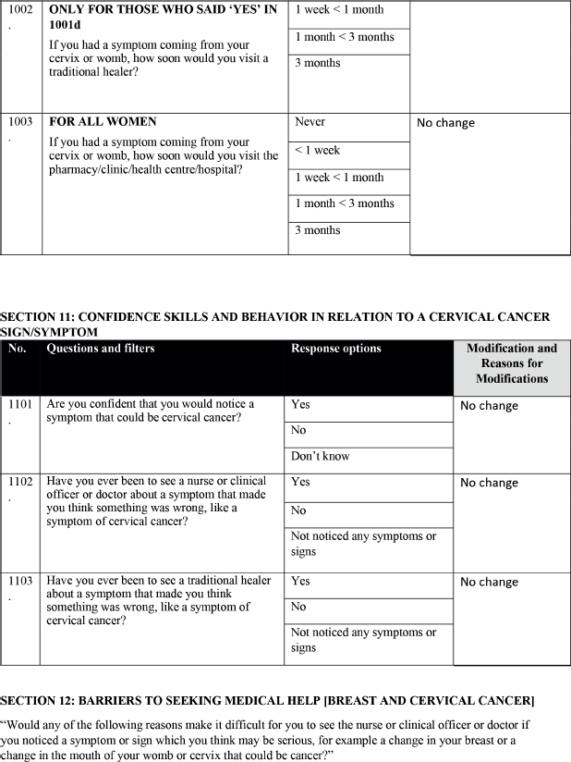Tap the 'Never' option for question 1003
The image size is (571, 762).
pyautogui.click(x=310, y=122)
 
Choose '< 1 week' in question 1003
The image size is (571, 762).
pyautogui.click(x=318, y=150)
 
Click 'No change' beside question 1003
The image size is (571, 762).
pyautogui.click(x=445, y=122)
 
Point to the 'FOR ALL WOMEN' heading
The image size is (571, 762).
pyautogui.click(x=103, y=122)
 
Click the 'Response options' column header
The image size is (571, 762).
pyautogui.click(x=336, y=349)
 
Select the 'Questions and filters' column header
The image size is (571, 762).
pyautogui.click(x=101, y=349)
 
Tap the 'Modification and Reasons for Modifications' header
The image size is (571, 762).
pyautogui.click(x=512, y=363)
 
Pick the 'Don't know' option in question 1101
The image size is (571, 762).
pyautogui.click(x=321, y=456)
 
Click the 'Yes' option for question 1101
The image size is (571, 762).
pyautogui.click(x=301, y=404)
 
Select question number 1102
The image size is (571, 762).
pyautogui.click(x=19, y=482)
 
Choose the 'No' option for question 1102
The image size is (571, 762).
pyautogui.click(x=298, y=510)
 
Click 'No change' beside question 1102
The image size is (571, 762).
pyautogui.click(x=489, y=483)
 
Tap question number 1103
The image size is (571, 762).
pyautogui.click(x=19, y=581)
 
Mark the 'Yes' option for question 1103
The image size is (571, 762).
pyautogui.click(x=301, y=581)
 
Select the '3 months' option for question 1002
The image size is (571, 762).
pyautogui.click(x=317, y=63)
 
